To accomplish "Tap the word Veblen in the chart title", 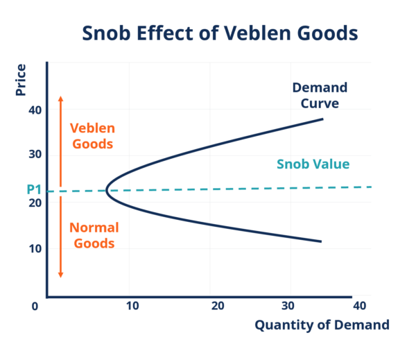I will tap(244, 33).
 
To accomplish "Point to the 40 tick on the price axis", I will tap(35, 110).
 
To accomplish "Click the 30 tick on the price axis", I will tap(35, 154).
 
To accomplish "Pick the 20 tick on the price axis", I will tap(35, 203).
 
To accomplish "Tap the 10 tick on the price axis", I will tap(35, 248).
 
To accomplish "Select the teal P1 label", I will tap(35, 189).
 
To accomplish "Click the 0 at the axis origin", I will tap(35, 306).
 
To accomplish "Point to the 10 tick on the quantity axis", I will tap(132, 306).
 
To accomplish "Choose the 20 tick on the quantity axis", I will tap(217, 306).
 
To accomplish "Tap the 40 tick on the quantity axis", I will tap(358, 306).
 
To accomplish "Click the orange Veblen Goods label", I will tap(92, 137).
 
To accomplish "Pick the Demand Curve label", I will tap(320, 96).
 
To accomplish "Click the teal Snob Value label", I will tap(313, 164).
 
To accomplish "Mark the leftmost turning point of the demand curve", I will tap(106, 191).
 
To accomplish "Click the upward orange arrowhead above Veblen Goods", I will tap(60, 98).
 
